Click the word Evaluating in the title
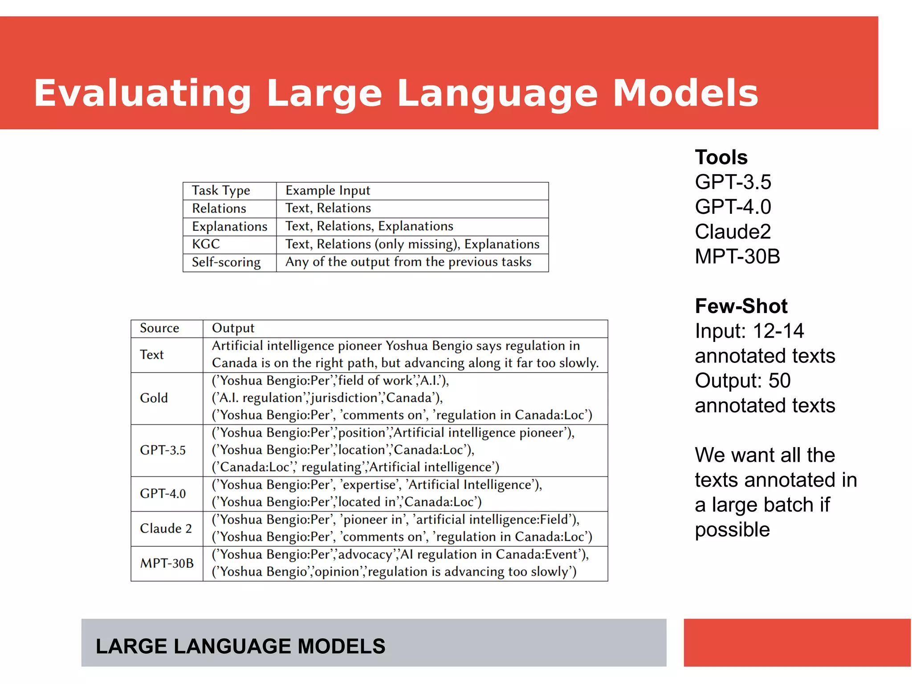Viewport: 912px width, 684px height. [142, 94]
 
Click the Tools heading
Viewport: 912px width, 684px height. [721, 158]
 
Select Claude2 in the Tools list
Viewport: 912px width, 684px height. [733, 232]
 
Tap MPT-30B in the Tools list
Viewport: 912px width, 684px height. [737, 256]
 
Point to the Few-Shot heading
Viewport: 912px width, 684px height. [741, 306]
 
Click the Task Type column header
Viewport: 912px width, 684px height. [221, 191]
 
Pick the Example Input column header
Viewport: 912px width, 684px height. [328, 191]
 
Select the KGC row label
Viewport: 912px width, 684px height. [206, 244]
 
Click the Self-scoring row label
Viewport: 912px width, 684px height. [226, 262]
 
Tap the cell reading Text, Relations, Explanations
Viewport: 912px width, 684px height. [369, 226]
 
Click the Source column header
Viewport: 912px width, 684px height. [159, 328]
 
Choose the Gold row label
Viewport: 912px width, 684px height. [154, 398]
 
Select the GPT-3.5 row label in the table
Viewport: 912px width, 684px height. [163, 450]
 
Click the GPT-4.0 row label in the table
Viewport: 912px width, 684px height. [163, 494]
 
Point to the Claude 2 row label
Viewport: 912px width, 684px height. [166, 529]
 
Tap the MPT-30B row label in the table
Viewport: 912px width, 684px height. [167, 563]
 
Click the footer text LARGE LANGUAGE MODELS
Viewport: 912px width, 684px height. [240, 646]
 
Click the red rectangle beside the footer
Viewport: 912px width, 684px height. [797, 642]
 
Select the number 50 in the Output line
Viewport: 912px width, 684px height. [779, 381]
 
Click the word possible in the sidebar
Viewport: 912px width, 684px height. [732, 530]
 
